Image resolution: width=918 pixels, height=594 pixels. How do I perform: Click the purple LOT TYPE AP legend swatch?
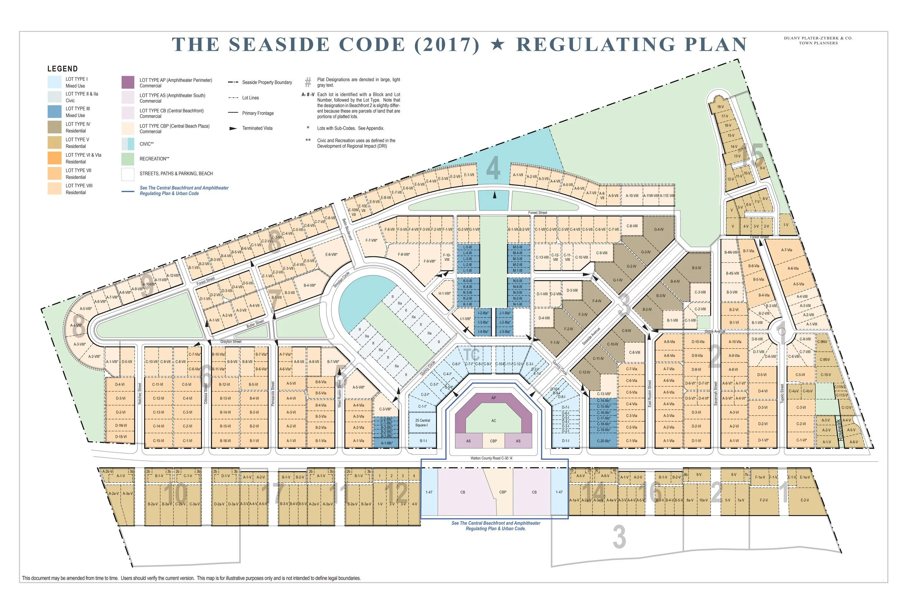pyautogui.click(x=128, y=82)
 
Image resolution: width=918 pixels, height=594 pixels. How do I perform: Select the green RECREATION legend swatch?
pyautogui.click(x=128, y=159)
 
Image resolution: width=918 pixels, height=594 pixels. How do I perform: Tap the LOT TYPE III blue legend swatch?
pyautogui.click(x=54, y=111)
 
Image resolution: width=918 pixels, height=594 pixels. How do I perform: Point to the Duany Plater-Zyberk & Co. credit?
pyautogui.click(x=818, y=40)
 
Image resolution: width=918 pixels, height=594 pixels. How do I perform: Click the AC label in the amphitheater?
pyautogui.click(x=494, y=421)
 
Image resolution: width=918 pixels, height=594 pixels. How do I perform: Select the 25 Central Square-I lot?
pyautogui.click(x=423, y=423)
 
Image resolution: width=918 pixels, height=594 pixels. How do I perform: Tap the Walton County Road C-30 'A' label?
pyautogui.click(x=491, y=458)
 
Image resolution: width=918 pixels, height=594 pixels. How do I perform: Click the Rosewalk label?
pyautogui.click(x=841, y=430)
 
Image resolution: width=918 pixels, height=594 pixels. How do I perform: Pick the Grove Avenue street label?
pyautogui.click(x=715, y=331)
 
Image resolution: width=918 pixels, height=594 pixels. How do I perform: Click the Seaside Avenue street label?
pyautogui.click(x=591, y=336)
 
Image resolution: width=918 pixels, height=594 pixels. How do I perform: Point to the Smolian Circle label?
pyautogui.click(x=341, y=280)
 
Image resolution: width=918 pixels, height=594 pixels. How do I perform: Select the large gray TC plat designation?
pyautogui.click(x=471, y=355)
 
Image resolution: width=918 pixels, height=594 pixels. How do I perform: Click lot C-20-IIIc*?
pyautogui.click(x=603, y=441)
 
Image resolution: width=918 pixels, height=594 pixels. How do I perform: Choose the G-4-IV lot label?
pyautogui.click(x=658, y=230)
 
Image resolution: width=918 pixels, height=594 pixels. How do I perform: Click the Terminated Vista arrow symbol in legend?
pyautogui.click(x=233, y=129)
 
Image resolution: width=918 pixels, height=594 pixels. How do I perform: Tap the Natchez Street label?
pyautogui.click(x=140, y=393)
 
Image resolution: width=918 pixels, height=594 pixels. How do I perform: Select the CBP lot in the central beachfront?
pyautogui.click(x=503, y=492)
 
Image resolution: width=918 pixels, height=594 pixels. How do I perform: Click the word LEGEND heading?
pyautogui.click(x=62, y=69)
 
